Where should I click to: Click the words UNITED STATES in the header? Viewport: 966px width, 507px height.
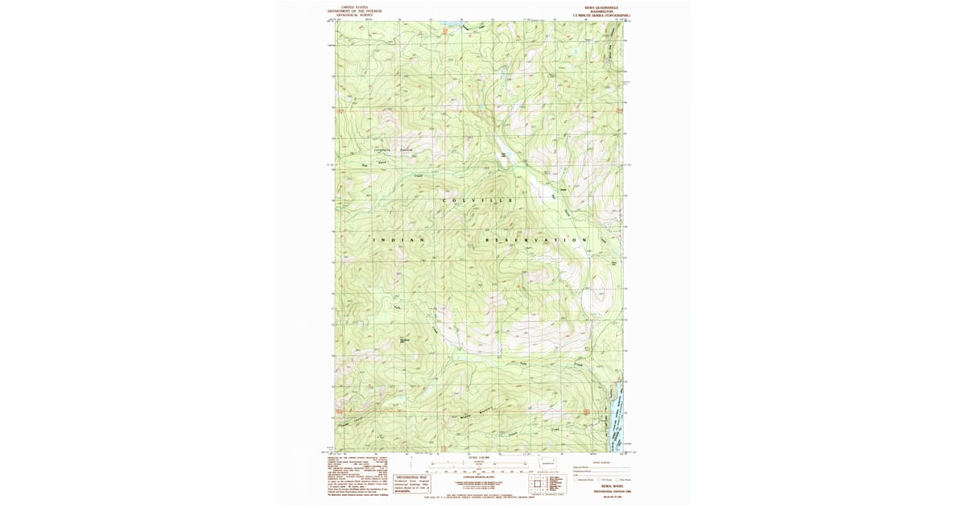point(354,6)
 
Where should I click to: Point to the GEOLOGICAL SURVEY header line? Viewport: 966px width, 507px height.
point(354,14)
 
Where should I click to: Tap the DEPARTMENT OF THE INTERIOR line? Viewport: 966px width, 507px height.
point(354,10)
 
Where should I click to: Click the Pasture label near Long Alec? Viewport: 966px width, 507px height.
point(407,150)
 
